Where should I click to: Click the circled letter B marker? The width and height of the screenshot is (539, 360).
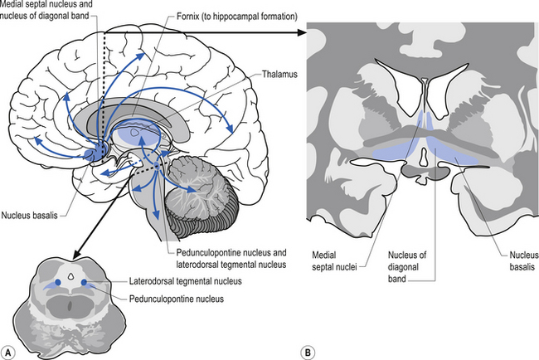pyautogui.click(x=308, y=350)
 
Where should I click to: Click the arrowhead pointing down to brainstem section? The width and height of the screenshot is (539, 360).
pyautogui.click(x=72, y=254)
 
